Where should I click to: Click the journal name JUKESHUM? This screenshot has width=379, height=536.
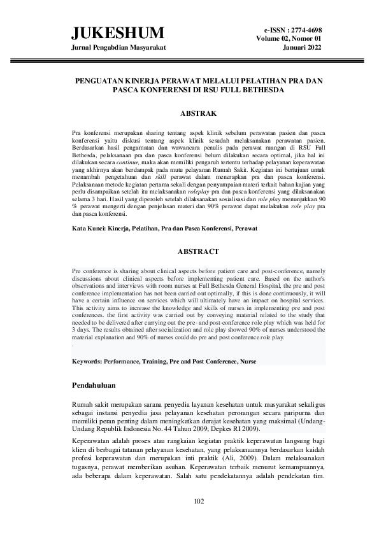[117, 33]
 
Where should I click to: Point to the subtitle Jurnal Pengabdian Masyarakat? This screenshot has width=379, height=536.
[117, 48]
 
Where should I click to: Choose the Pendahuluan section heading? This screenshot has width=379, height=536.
[101, 385]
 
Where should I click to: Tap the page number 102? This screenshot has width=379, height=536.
[198, 502]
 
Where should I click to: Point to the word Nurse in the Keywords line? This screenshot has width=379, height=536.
[248, 361]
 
